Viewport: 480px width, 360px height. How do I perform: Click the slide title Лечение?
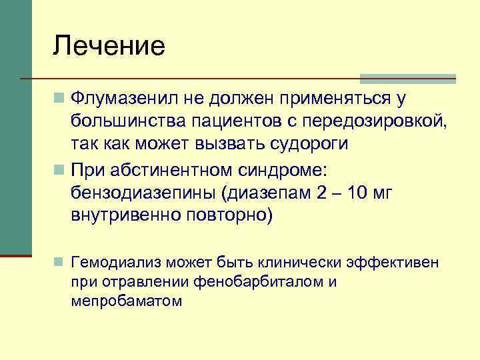(x=109, y=46)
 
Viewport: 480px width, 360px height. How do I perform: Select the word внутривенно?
(x=125, y=216)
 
